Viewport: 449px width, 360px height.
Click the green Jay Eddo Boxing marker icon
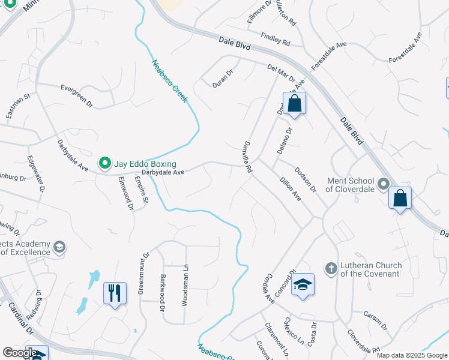pyautogui.click(x=104, y=163)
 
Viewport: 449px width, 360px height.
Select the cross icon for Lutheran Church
pyautogui.click(x=330, y=268)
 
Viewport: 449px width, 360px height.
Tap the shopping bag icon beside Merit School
pyautogui.click(x=400, y=198)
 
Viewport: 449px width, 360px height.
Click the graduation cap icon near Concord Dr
pyautogui.click(x=303, y=284)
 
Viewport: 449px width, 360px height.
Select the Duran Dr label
pyautogui.click(x=222, y=79)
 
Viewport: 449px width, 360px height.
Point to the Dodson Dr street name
pyautogui.click(x=305, y=180)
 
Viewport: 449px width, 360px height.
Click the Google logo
pyautogui.click(x=19, y=353)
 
